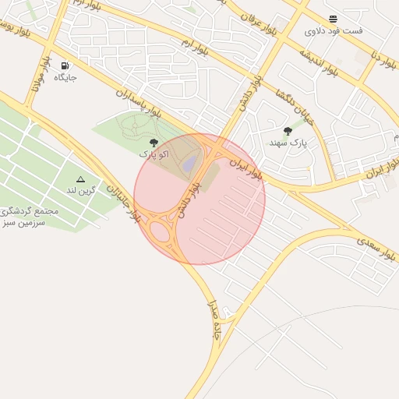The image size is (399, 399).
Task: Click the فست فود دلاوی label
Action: [334, 30]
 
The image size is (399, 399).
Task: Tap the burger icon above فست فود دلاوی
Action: [334, 18]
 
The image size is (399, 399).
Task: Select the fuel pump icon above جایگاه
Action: [64, 66]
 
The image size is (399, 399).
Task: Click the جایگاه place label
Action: [65, 78]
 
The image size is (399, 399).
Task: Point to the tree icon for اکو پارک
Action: [154, 143]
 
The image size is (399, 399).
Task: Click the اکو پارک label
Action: [154, 154]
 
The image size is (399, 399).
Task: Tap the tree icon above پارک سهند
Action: [288, 131]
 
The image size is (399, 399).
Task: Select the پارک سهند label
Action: [288, 143]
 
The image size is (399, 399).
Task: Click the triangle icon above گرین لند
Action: [80, 179]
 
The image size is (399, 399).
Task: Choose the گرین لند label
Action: [81, 190]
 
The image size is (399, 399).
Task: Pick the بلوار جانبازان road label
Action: [125, 203]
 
